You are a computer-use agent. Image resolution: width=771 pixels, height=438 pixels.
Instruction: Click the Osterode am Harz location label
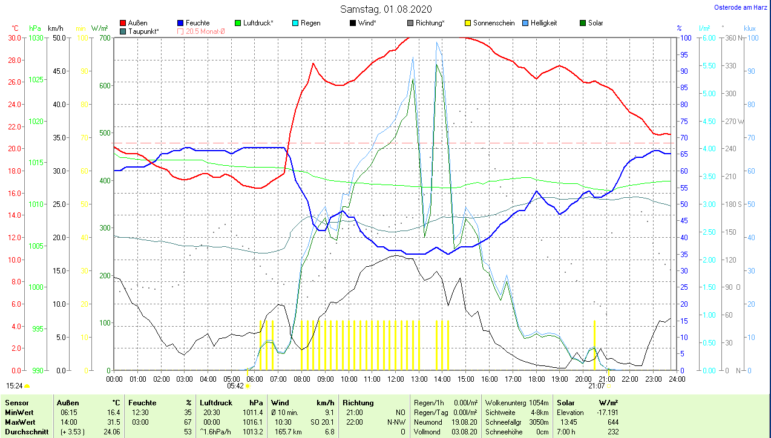pyautogui.click(x=741, y=7)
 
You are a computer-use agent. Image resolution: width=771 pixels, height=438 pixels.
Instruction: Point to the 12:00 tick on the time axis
pyautogui.click(x=396, y=379)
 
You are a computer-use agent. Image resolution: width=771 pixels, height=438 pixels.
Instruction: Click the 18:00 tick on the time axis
pyautogui.click(x=536, y=379)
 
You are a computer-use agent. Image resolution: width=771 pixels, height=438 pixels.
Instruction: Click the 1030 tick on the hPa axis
pyautogui.click(x=36, y=38)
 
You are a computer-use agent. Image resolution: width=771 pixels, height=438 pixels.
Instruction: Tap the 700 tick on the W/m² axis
pyautogui.click(x=105, y=38)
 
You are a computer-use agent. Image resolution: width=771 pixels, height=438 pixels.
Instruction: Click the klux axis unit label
pyautogui.click(x=750, y=28)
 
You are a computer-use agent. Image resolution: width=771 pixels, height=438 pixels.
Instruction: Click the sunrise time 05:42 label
pyautogui.click(x=235, y=385)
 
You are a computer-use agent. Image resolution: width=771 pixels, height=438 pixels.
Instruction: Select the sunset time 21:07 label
pyautogui.click(x=597, y=385)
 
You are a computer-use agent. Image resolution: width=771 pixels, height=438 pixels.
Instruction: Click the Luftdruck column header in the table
pyautogui.click(x=215, y=402)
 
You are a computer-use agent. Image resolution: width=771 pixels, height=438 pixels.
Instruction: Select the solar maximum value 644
pyautogui.click(x=612, y=422)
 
